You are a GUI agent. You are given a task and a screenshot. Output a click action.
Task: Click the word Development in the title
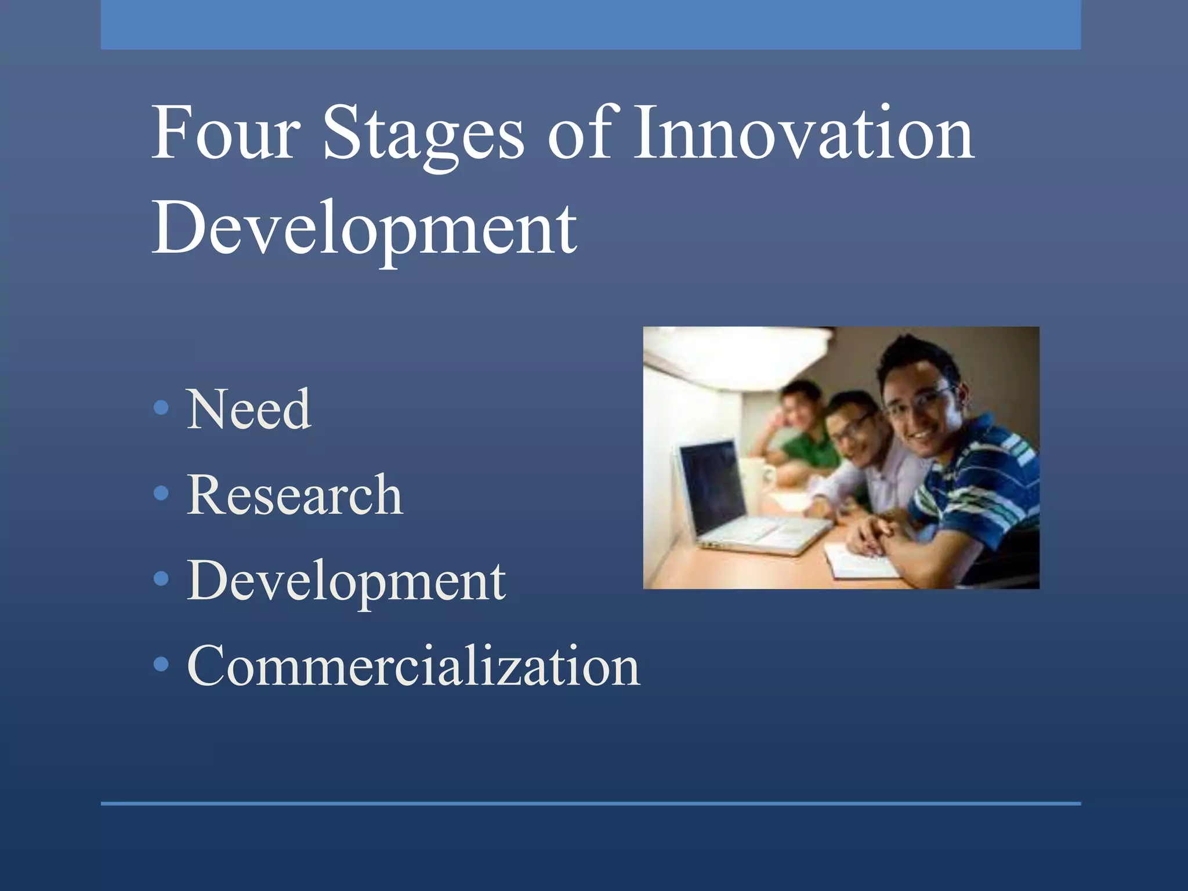tap(364, 229)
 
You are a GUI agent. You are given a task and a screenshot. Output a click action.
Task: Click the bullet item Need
tap(248, 410)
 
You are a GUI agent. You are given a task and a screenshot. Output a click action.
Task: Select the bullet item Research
tap(295, 495)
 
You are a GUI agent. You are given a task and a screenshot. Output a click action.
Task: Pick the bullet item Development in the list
tap(346, 581)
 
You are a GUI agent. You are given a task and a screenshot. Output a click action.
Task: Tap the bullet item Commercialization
tap(413, 666)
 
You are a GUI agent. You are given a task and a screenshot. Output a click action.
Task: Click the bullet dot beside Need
tap(161, 408)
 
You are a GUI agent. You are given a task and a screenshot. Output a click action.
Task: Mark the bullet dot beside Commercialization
tap(161, 664)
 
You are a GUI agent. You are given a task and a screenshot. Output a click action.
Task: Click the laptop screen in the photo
tap(712, 486)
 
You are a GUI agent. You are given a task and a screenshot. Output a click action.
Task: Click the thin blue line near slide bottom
tap(591, 803)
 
